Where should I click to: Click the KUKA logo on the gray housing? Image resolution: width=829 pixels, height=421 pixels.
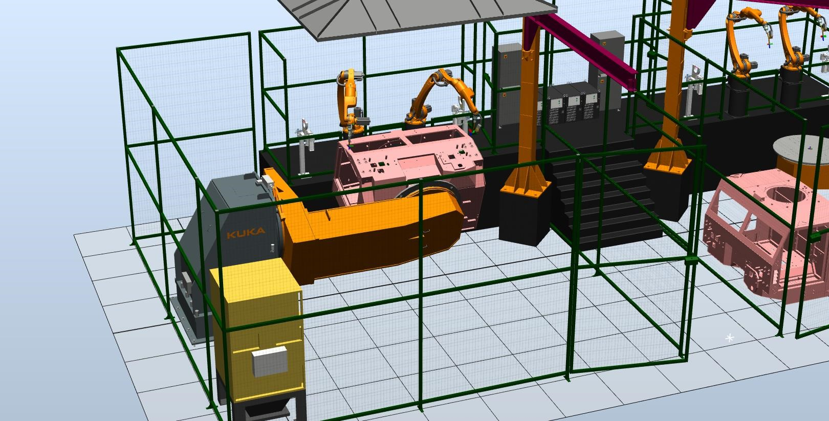246,233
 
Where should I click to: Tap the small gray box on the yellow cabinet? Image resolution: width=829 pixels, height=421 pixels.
270,361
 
